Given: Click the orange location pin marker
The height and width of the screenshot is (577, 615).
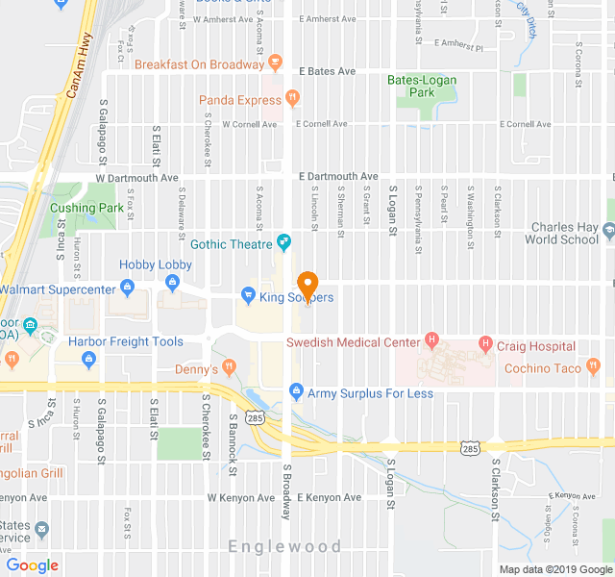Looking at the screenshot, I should coord(307,286).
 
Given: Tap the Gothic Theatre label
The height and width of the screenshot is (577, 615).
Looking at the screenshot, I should coord(231,244).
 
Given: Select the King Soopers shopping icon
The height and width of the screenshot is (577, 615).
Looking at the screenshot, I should coord(248,296).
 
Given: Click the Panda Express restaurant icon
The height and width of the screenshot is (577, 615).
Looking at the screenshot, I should coord(292,99).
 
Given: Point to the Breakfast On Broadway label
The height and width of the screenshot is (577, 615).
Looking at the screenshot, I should coord(199,64).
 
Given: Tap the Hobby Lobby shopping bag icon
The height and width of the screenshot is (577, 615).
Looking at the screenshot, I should coord(173,282).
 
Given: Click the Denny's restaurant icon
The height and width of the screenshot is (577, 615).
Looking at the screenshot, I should coord(229,365).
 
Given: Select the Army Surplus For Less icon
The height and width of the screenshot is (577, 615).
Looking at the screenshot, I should coord(296,392).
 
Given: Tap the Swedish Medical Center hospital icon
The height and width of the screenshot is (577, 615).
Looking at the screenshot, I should coord(431,340).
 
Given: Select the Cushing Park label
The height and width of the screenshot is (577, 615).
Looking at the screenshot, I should coord(86,208).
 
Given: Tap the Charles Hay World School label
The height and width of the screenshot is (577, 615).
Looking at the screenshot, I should coord(564,234).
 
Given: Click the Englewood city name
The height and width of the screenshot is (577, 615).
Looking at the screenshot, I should coord(284,546).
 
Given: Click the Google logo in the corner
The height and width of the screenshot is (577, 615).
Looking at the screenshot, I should coord(33,565).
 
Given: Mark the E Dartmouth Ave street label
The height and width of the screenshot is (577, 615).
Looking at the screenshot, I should coord(337,177).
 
